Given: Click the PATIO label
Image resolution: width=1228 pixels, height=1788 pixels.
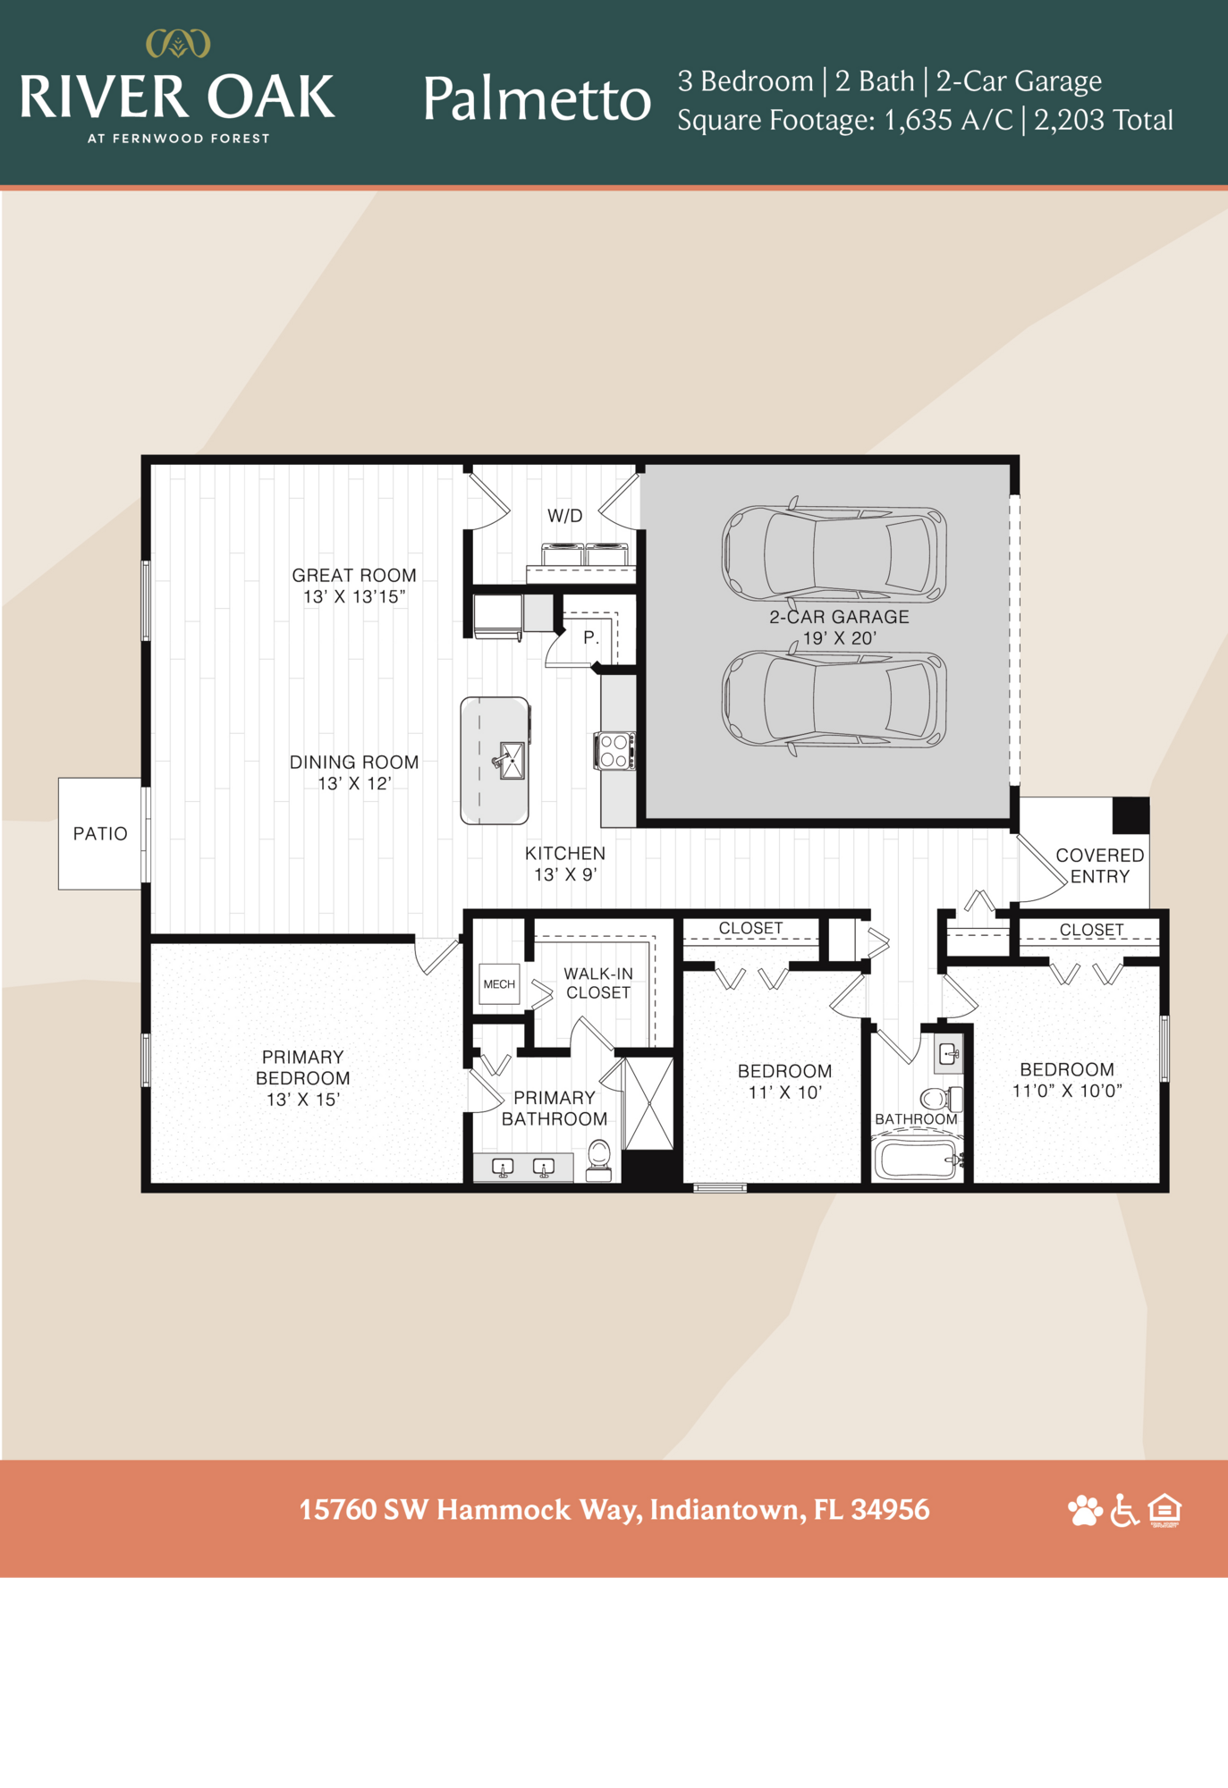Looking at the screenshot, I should tap(100, 833).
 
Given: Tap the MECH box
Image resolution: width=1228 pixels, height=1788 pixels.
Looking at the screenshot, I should tap(499, 983).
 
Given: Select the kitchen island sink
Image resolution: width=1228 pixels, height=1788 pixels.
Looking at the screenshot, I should tap(512, 760).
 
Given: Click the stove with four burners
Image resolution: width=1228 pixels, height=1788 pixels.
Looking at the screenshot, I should tap(614, 750).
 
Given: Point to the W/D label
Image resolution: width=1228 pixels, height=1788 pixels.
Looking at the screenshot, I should tap(564, 516).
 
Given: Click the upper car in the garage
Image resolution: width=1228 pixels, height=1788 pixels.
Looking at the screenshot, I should tap(834, 553).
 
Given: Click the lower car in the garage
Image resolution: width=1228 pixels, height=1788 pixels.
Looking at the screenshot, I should tap(834, 698).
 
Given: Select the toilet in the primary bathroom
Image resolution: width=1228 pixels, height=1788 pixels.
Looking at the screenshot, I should tap(599, 1160).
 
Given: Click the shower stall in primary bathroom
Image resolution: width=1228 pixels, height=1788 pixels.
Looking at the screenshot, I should tap(649, 1103).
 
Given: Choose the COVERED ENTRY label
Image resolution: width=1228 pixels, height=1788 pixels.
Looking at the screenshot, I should tap(1099, 865).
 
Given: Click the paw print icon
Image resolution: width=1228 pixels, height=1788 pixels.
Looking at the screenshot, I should tap(1085, 1510).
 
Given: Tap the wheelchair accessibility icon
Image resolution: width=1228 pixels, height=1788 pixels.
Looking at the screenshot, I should tap(1124, 1510).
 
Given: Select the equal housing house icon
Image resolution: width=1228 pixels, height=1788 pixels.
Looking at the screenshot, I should tap(1164, 1510).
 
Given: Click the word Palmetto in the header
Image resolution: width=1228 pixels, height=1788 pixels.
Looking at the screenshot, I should tap(537, 98).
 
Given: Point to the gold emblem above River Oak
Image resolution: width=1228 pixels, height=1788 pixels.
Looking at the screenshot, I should tap(178, 43).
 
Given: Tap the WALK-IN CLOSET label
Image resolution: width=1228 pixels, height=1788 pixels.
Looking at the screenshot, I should tap(598, 983).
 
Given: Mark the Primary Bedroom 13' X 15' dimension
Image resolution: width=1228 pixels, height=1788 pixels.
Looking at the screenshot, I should tap(302, 1100).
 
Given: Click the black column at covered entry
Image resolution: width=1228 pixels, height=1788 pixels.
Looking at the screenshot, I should tap(1131, 814).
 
